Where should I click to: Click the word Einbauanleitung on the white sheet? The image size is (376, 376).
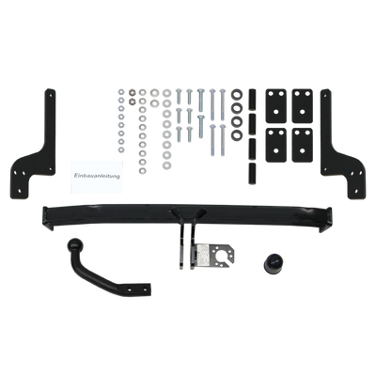click(97, 176)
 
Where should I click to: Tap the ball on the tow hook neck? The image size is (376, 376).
click(76, 245)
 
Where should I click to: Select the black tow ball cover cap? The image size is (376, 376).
click(274, 262)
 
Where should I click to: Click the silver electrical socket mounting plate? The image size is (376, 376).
click(214, 255)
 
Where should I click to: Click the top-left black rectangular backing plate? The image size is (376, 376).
click(276, 106)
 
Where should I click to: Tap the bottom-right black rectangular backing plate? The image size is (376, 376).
click(302, 145)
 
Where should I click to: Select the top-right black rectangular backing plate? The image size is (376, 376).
click(302, 106)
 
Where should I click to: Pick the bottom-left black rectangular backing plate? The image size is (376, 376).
click(276, 145)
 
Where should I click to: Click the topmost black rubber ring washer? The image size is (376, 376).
click(236, 94)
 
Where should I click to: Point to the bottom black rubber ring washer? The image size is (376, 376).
click(236, 135)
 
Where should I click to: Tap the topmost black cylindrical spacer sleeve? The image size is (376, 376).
click(252, 99)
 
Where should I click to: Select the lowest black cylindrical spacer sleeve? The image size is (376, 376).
click(252, 174)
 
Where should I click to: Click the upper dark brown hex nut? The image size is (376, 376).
click(133, 92)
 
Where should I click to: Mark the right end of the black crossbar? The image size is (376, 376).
click(327, 219)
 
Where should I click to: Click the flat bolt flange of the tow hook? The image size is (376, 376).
click(135, 289)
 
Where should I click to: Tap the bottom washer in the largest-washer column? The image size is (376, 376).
click(167, 164)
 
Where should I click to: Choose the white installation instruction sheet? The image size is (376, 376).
click(97, 177)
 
